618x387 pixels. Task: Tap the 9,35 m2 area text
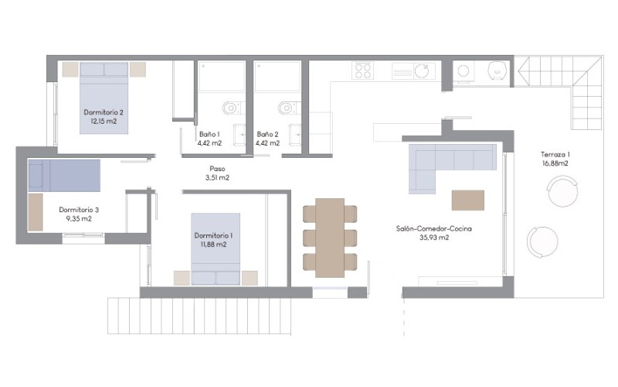[79, 219]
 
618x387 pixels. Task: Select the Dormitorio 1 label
[213, 236]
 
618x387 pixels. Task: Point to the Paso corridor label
[217, 169]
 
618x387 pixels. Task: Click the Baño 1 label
[209, 134]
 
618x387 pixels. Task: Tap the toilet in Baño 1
[233, 108]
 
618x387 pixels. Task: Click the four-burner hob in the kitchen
[362, 71]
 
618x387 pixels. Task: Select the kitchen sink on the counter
[421, 71]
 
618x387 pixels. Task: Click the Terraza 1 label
[555, 155]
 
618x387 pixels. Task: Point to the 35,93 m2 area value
[434, 238]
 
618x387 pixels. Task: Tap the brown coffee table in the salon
[468, 200]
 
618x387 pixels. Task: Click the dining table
[330, 238]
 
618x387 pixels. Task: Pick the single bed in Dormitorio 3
[64, 176]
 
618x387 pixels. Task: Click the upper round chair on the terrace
[563, 191]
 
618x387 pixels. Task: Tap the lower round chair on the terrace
[543, 242]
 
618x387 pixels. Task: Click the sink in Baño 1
[239, 135]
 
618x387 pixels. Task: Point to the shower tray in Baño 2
[277, 77]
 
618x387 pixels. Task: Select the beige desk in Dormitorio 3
[36, 212]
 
